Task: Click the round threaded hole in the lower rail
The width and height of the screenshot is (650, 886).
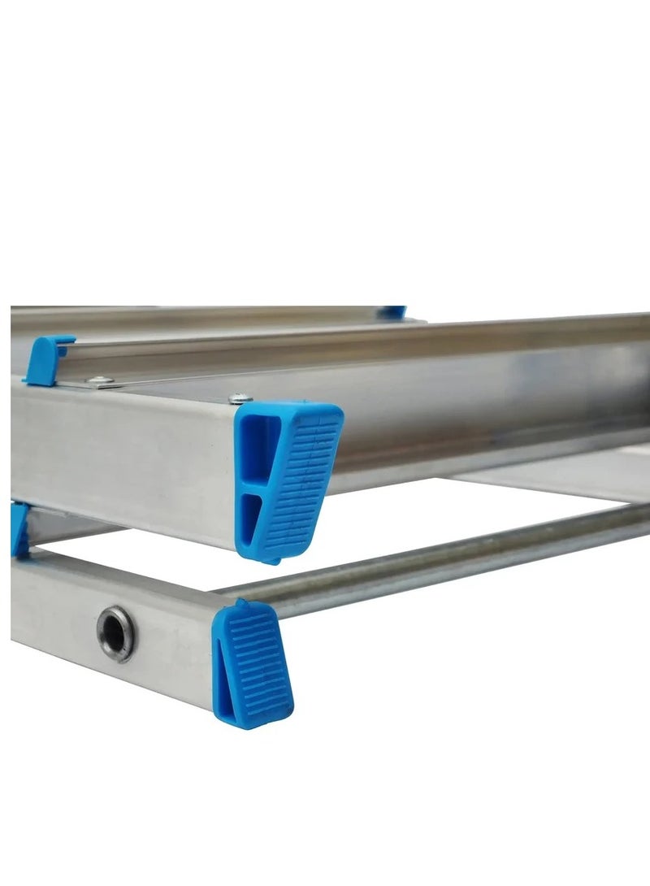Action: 116,633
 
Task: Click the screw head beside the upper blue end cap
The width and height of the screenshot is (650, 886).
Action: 237,397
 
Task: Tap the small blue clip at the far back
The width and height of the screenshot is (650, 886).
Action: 393,312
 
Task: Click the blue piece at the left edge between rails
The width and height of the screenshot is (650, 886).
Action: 19,528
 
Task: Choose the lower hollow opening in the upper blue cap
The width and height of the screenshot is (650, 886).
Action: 254,520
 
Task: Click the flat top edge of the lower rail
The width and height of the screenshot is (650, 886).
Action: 122,569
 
